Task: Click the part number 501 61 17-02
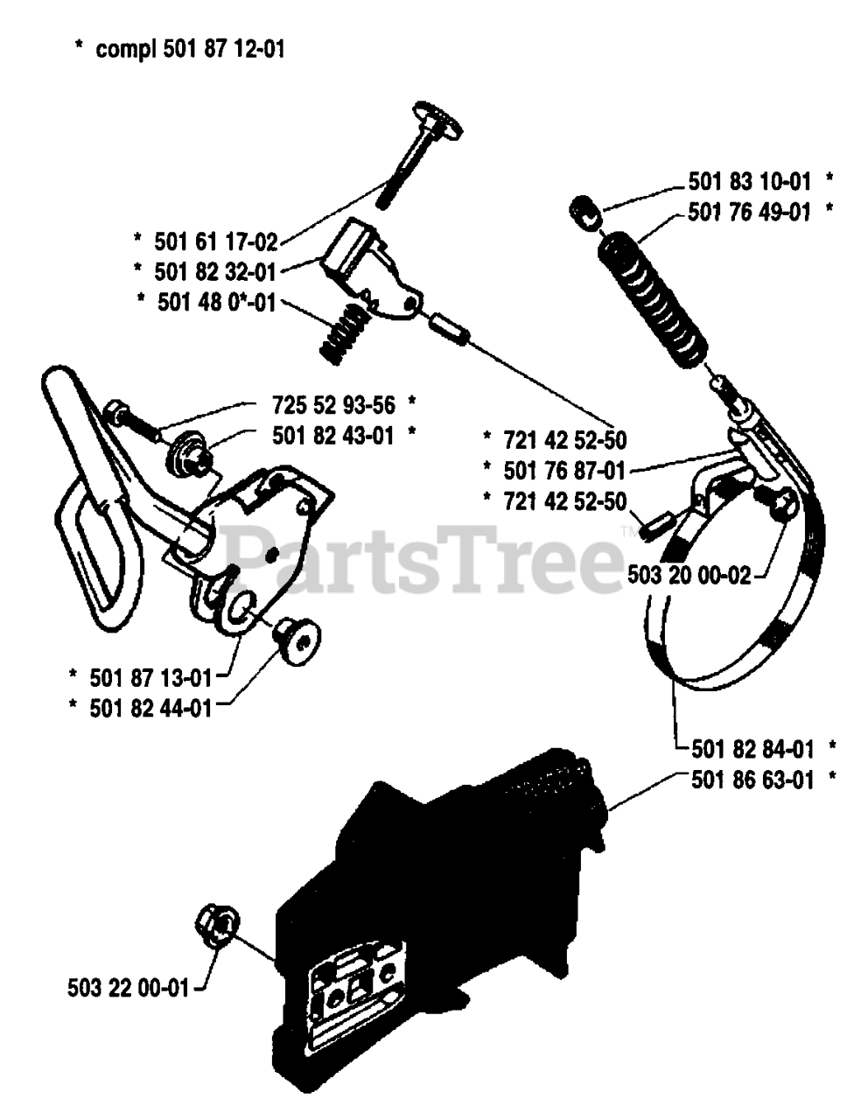(x=215, y=240)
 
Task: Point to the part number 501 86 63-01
(x=752, y=779)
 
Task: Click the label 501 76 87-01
(x=565, y=471)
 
